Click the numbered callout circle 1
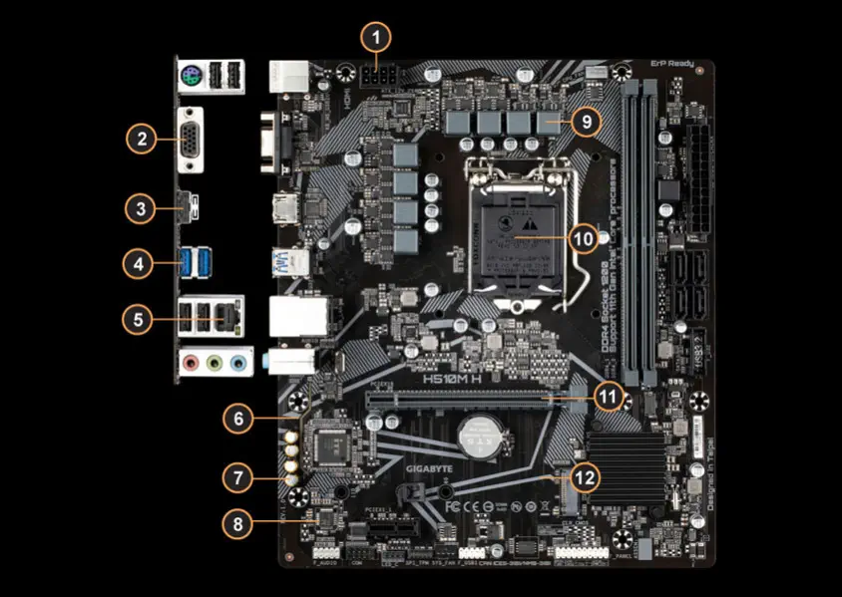coord(376,38)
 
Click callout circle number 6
coord(237,419)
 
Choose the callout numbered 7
coord(237,477)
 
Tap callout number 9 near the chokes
coord(586,122)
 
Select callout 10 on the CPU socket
coord(585,239)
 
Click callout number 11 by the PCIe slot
coord(609,396)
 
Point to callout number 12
coord(586,477)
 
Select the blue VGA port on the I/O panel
coord(188,139)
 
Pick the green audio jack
coord(213,363)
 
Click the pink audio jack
coord(191,363)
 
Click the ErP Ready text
coord(674,62)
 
